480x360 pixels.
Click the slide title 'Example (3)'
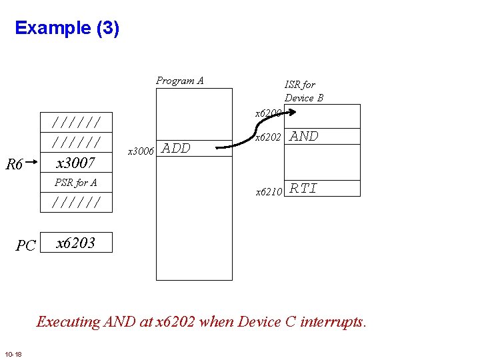(x=67, y=28)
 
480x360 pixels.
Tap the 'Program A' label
(x=179, y=81)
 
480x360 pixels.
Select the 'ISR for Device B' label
(x=303, y=91)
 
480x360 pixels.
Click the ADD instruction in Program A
(x=177, y=149)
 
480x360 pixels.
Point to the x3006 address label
(x=141, y=151)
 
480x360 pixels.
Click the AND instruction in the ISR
(x=305, y=137)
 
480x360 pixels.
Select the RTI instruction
(x=304, y=189)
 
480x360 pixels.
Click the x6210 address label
(x=270, y=192)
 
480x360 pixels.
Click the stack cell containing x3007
(x=75, y=163)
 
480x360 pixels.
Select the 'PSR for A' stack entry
(x=75, y=182)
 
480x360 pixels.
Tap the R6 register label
(x=15, y=164)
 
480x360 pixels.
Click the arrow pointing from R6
(x=33, y=161)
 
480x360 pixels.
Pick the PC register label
(x=25, y=245)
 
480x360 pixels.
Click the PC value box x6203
(x=75, y=243)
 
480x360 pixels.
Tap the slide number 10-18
(x=13, y=353)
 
